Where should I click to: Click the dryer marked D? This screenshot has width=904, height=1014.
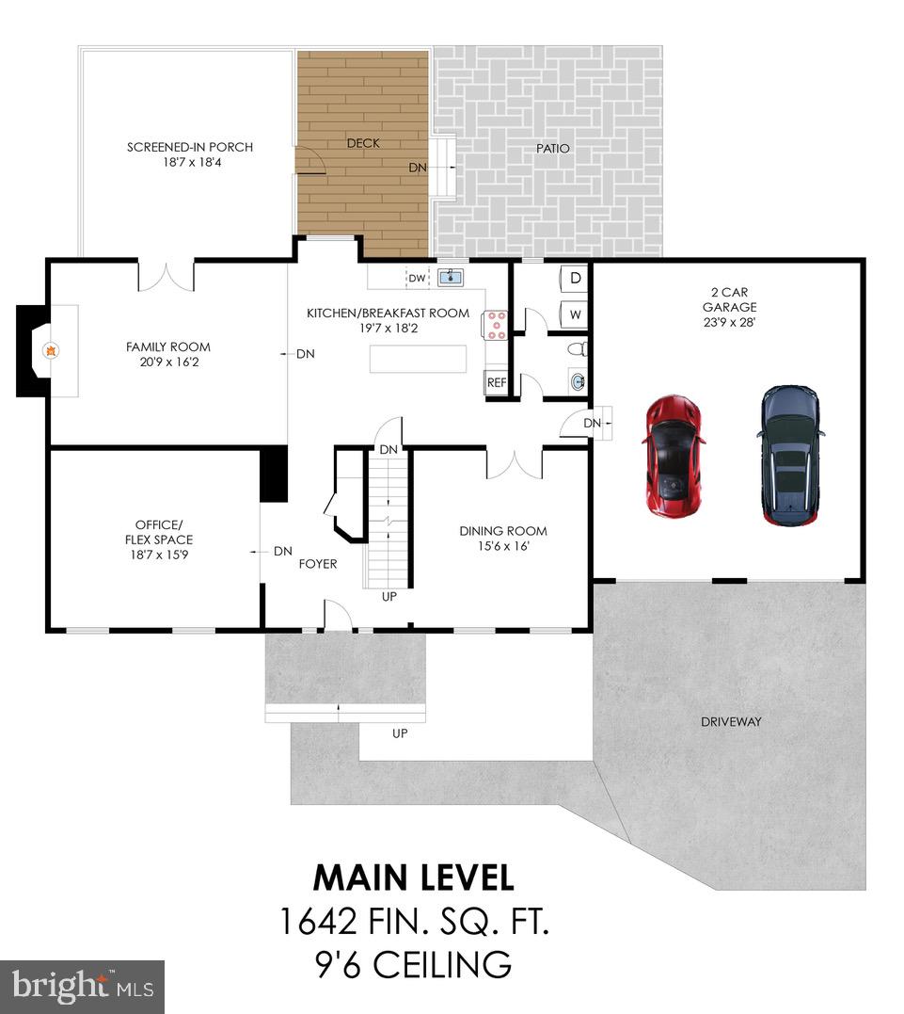pos(575,279)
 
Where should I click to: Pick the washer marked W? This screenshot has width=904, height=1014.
pos(575,314)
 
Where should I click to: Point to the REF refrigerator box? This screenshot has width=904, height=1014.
pos(496,383)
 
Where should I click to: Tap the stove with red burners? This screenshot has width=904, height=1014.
pos(495,325)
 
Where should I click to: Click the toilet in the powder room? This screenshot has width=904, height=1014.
pos(579,350)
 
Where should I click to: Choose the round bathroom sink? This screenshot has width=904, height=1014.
pos(579,382)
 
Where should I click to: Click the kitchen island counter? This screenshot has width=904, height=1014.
pos(418,359)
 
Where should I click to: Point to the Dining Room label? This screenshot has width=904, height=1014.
pos(503,531)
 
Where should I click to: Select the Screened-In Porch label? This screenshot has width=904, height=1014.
pos(190,147)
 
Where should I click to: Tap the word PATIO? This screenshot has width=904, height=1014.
pos(553,148)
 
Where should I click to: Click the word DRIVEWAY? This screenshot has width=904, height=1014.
pos(730,722)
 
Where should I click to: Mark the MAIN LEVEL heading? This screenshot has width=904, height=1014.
pos(413,877)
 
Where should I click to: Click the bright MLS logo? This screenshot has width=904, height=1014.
pos(83,986)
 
